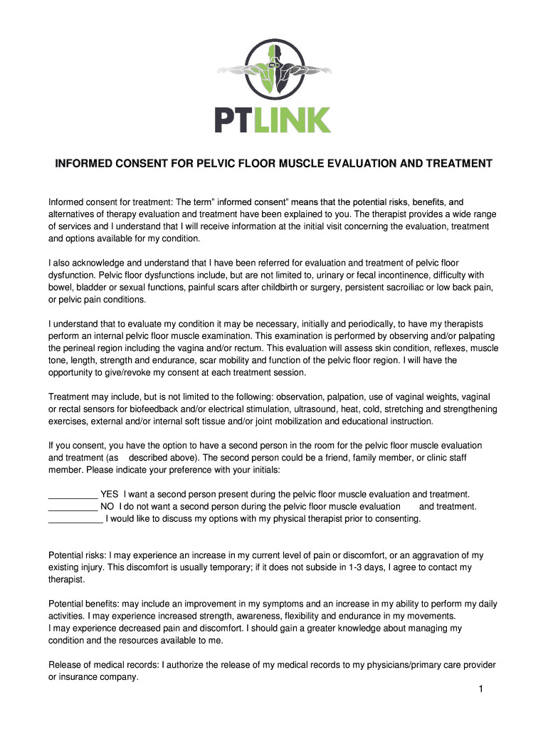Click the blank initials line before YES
point(73,495)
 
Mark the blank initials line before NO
point(73,507)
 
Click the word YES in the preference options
point(110,494)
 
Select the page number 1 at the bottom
point(481,690)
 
